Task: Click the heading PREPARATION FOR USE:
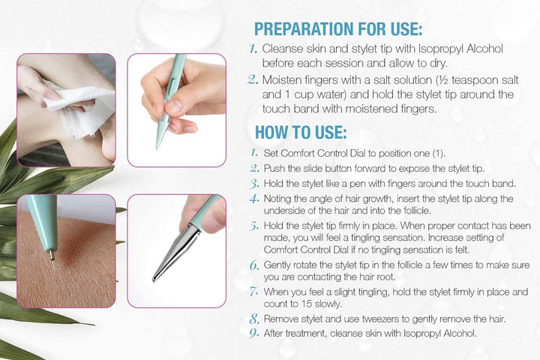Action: pos(337,28)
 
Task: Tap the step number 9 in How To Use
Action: pos(253,334)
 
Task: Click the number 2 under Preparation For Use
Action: pos(253,80)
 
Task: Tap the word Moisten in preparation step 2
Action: pos(283,79)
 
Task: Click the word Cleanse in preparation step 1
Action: pos(283,49)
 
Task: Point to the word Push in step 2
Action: pos(274,169)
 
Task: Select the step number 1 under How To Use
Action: pos(253,154)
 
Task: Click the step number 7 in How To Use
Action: pos(253,289)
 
